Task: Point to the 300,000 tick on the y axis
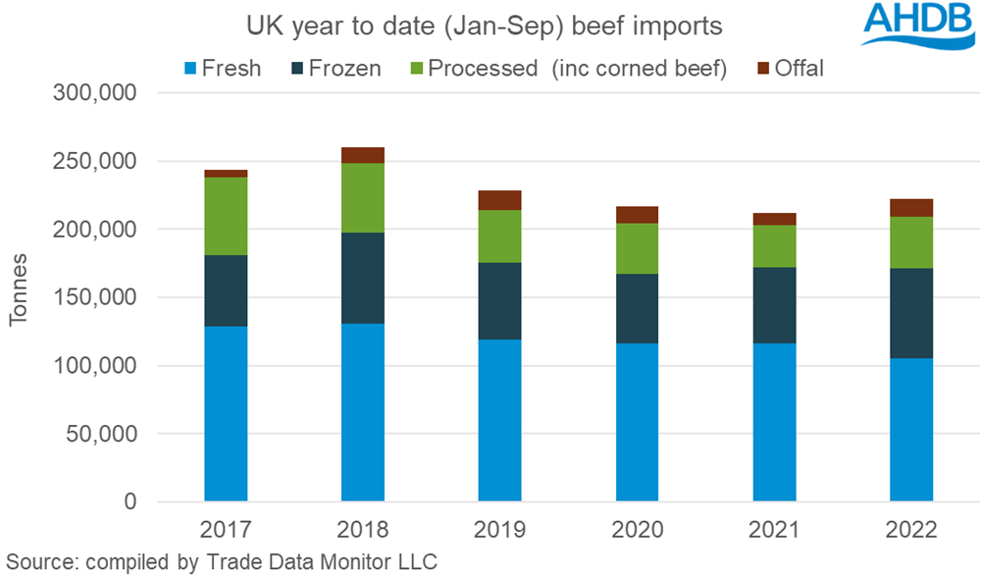point(89,93)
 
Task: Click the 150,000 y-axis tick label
point(89,297)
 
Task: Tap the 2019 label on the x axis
point(500,530)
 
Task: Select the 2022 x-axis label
point(911,530)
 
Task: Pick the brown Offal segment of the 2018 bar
point(363,155)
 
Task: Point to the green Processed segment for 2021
point(774,245)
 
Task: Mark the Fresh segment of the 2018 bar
point(363,412)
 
